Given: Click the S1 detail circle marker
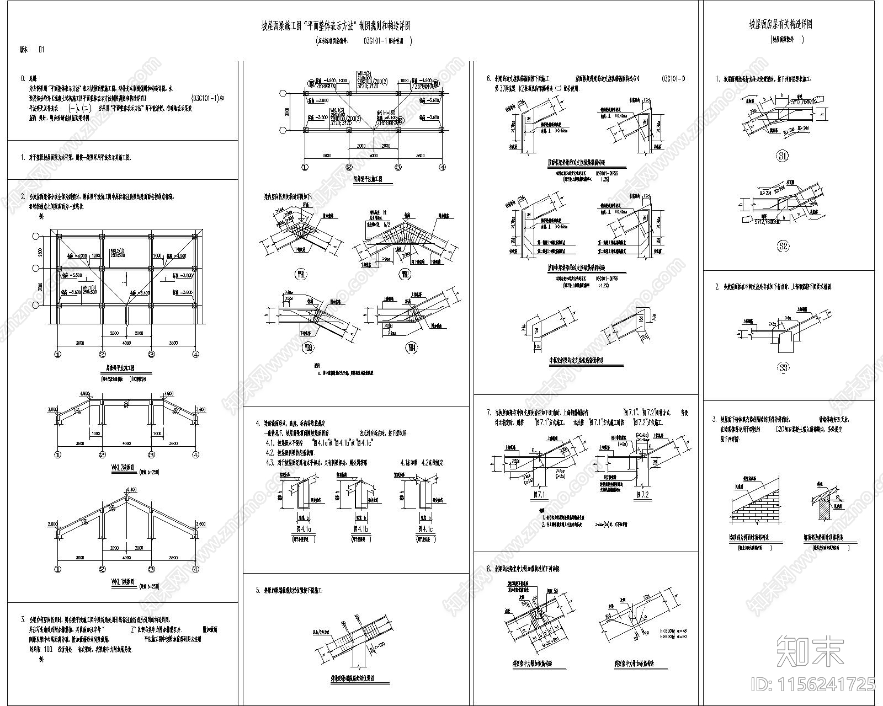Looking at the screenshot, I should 783,157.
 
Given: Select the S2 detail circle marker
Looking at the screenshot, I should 783,246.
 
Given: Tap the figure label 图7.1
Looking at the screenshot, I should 536,495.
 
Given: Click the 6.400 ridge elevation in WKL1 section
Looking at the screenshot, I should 131,490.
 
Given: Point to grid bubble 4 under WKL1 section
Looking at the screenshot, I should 195,569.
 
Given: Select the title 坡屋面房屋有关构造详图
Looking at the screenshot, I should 788,25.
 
